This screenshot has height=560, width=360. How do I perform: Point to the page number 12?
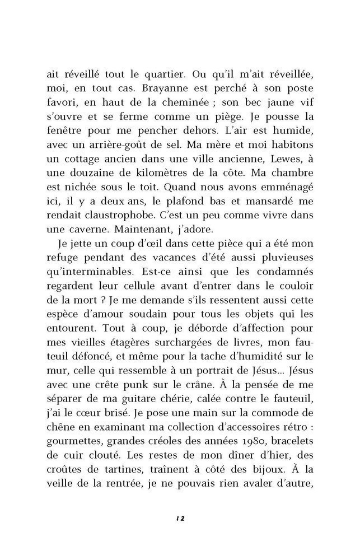(180, 519)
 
